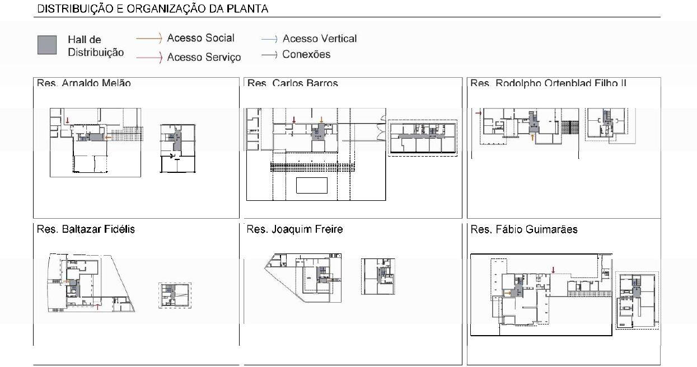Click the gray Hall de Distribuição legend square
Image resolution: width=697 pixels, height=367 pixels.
pyautogui.click(x=47, y=45)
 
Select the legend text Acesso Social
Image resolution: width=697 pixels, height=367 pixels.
pyautogui.click(x=200, y=38)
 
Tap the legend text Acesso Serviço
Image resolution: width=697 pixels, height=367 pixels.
pyautogui.click(x=204, y=57)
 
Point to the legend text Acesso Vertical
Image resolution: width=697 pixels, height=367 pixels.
pyautogui.click(x=319, y=39)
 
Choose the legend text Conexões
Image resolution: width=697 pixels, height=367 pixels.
pyautogui.click(x=306, y=54)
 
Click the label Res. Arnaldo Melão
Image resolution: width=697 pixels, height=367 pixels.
pyautogui.click(x=84, y=83)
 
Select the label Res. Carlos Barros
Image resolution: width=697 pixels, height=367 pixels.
pyautogui.click(x=293, y=83)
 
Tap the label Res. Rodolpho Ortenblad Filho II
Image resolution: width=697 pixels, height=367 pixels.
pyautogui.click(x=548, y=83)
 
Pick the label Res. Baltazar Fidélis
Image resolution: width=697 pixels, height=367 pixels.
pyautogui.click(x=86, y=229)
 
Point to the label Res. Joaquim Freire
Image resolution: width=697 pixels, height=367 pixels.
pyautogui.click(x=294, y=229)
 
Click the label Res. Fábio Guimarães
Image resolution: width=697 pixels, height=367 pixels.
pyautogui.click(x=524, y=229)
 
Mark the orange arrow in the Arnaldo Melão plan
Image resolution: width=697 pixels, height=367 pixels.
pyautogui.click(x=109, y=137)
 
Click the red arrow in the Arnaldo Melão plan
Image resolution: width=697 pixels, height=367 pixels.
pyautogui.click(x=68, y=120)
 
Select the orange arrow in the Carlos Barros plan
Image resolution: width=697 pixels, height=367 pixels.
pyautogui.click(x=321, y=120)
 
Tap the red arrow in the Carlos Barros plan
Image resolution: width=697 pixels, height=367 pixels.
pyautogui.click(x=294, y=120)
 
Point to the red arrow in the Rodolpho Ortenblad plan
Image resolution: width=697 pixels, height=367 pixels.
pyautogui.click(x=478, y=114)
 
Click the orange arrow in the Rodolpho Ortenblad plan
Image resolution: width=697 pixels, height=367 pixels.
pyautogui.click(x=532, y=136)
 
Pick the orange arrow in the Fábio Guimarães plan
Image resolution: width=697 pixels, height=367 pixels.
pyautogui.click(x=507, y=293)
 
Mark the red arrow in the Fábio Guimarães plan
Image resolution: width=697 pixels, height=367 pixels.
pyautogui.click(x=553, y=270)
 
